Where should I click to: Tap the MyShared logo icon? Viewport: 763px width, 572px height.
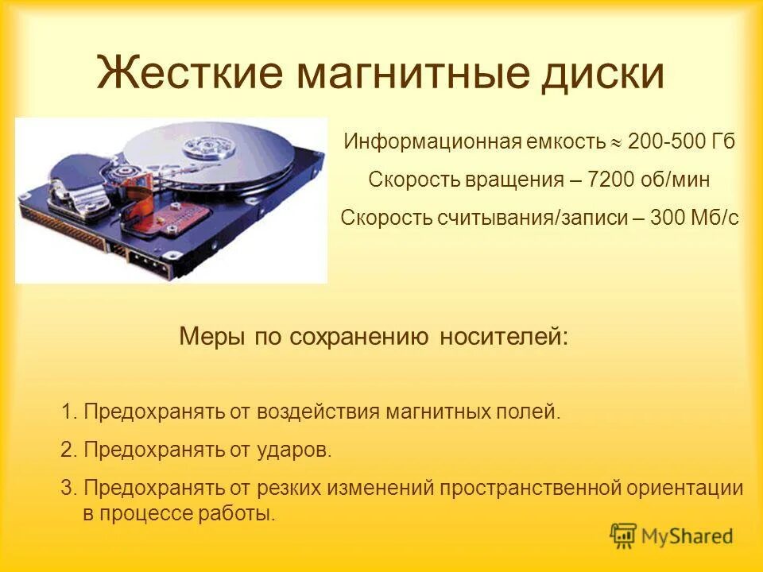[x=623, y=536]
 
